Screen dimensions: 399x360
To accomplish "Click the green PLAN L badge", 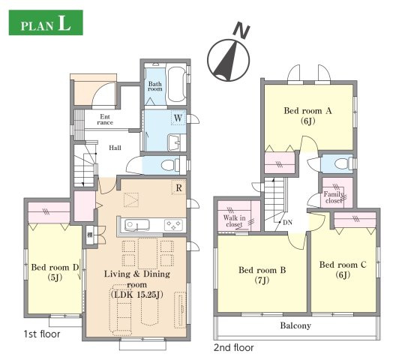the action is click(46, 22).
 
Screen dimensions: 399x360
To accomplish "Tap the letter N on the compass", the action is click(241, 29).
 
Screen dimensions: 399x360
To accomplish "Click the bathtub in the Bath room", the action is click(176, 84).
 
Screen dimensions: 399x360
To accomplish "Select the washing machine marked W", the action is click(178, 118).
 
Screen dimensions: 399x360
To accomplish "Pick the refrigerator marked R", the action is click(179, 187).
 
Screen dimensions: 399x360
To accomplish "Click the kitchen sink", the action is click(136, 225).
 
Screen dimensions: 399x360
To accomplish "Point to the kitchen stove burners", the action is click(173, 225).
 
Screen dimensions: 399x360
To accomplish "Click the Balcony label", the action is click(295, 325).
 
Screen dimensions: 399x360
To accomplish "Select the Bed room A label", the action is click(308, 111).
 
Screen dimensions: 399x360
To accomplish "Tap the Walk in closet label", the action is click(234, 221).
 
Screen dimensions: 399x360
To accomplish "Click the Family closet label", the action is click(334, 197).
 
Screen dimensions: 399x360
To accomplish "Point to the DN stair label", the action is click(287, 223).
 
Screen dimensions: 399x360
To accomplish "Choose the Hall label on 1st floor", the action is click(115, 148).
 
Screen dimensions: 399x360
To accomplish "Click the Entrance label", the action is click(105, 119).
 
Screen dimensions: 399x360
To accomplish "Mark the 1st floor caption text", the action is click(42, 334).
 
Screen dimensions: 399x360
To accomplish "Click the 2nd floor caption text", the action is click(233, 347).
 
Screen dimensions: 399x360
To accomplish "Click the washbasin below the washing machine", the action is click(173, 142).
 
